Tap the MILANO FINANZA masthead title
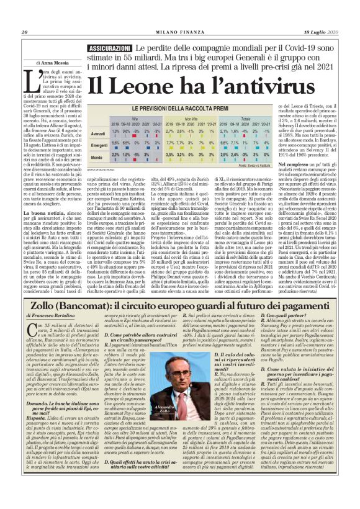pyautogui.click(x=179, y=15)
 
